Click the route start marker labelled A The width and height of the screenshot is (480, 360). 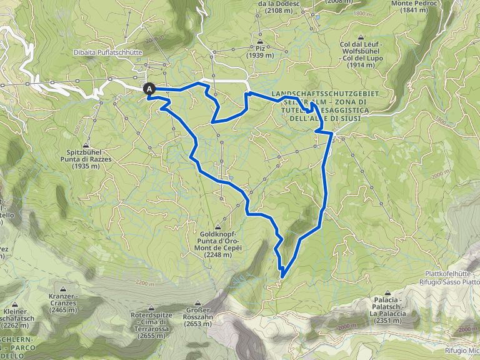click(x=150, y=89)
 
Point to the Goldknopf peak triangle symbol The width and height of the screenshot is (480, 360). click(x=218, y=226)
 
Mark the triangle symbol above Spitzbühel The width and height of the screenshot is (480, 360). click(x=86, y=145)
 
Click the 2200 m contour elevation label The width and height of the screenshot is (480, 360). click(x=142, y=283)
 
